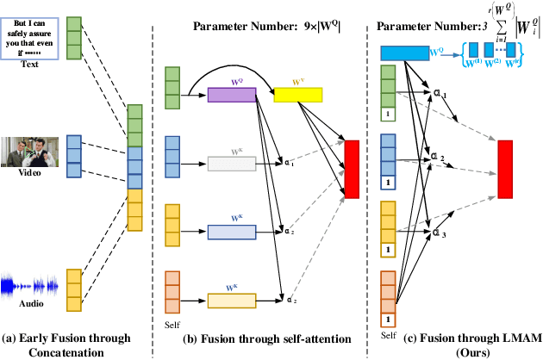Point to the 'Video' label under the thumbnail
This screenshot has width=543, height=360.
point(31,174)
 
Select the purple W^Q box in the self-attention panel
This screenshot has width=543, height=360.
point(232,94)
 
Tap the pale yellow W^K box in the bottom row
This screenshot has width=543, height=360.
point(232,300)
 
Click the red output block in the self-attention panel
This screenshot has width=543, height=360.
point(351,168)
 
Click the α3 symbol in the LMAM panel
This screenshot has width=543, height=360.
point(440,233)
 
